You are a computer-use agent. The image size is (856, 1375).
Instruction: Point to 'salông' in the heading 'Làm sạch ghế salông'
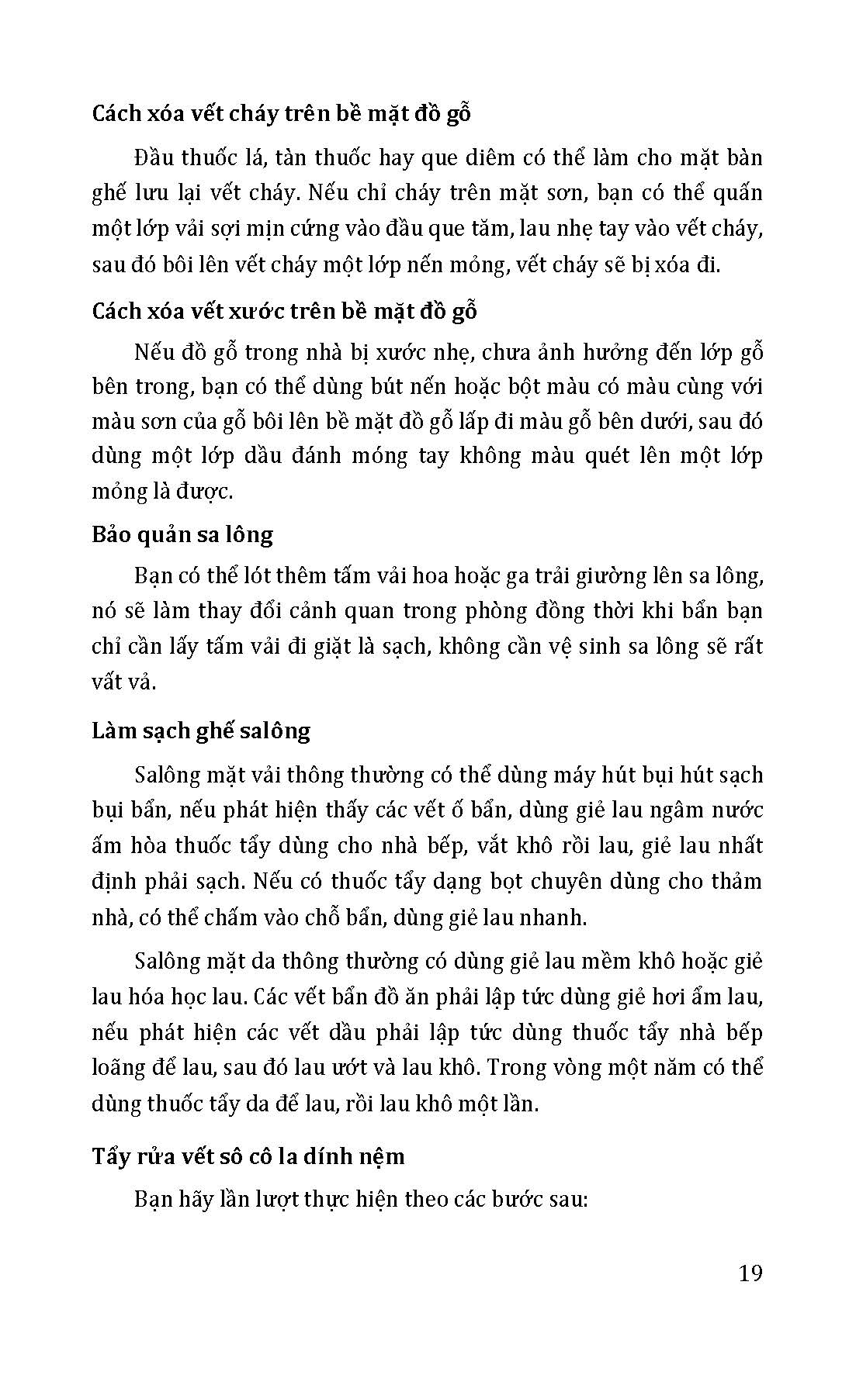[273, 731]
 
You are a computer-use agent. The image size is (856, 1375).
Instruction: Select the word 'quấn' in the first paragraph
[736, 194]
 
